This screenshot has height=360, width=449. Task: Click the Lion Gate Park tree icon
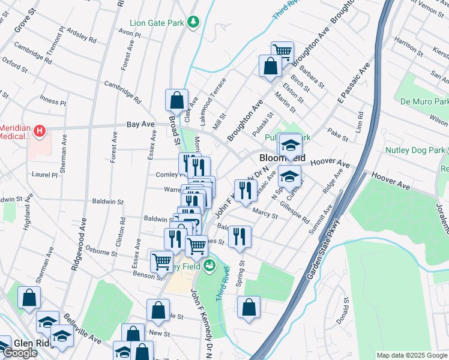pyautogui.click(x=193, y=23)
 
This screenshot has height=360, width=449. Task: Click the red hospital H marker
pyautogui.click(x=40, y=130)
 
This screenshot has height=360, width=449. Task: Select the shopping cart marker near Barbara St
pyautogui.click(x=282, y=52)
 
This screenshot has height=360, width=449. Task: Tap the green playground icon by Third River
pyautogui.click(x=209, y=265)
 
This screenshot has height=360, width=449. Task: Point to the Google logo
pyautogui.click(x=20, y=353)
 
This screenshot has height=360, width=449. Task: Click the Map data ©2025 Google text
pyautogui.click(x=412, y=355)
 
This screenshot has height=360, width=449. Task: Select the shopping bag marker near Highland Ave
pyautogui.click(x=29, y=298)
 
